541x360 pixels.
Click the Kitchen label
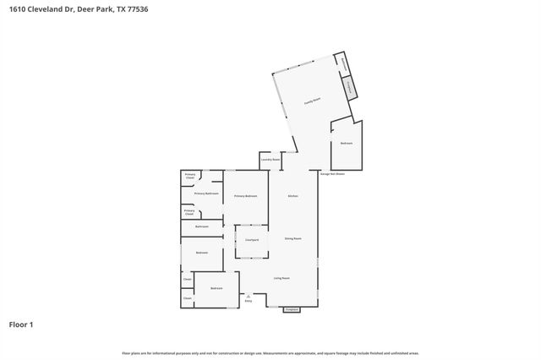pos(293,196)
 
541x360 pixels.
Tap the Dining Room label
pos(293,239)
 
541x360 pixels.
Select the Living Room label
pos(281,278)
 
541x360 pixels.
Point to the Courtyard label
pos(251,240)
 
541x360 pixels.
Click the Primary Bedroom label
pos(245,196)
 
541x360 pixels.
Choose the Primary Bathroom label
pos(206,194)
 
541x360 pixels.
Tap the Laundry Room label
pos(270,160)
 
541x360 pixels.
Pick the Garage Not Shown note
pos(332,174)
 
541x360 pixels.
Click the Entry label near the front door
pos(249,300)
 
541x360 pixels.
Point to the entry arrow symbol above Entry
pos(249,295)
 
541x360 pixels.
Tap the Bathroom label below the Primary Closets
pos(202,226)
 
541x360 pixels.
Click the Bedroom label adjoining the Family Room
pos(346,143)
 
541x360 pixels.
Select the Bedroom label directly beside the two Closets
pos(216,288)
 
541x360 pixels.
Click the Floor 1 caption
pos(21,325)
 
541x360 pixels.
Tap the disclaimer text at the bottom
pos(270,352)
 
